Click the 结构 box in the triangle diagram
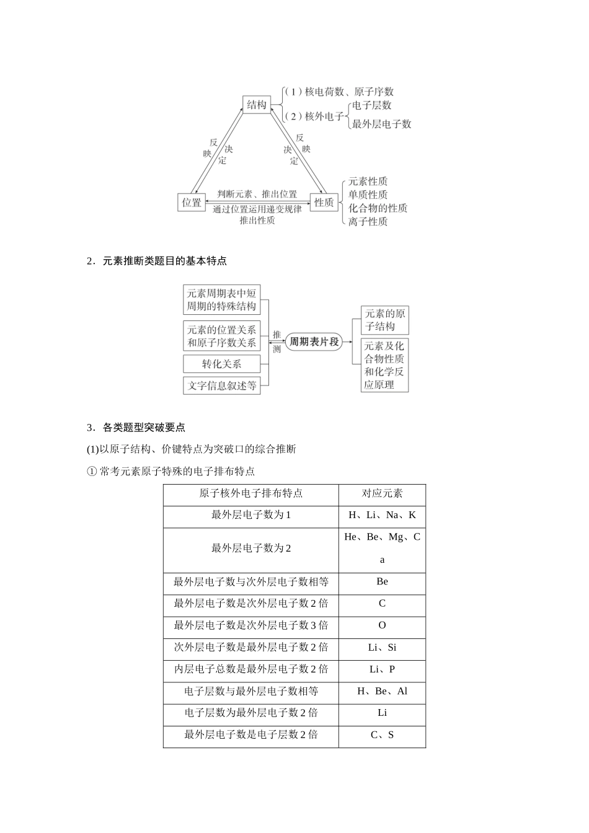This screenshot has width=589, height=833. [256, 105]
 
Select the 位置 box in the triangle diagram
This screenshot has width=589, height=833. [192, 202]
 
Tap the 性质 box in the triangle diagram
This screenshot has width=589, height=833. [324, 202]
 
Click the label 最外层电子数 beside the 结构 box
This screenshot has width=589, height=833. [381, 124]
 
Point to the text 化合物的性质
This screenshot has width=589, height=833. [378, 208]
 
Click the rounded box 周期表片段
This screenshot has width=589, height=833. [314, 342]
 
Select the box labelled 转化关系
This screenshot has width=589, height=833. [221, 364]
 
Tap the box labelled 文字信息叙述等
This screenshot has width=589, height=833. [221, 385]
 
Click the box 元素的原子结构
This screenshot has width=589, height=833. [385, 320]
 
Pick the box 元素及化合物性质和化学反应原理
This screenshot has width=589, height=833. [385, 365]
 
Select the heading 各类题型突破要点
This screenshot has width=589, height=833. [144, 427]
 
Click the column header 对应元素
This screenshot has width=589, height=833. [382, 493]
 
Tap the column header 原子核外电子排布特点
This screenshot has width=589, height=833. [250, 493]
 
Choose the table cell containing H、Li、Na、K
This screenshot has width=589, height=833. [382, 515]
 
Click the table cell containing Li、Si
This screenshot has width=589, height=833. [382, 647]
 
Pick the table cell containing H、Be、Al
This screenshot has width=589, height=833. [382, 691]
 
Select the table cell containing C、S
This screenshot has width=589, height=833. [382, 735]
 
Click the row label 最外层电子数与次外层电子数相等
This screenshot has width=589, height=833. [250, 581]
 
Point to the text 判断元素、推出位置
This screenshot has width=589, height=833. [257, 194]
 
